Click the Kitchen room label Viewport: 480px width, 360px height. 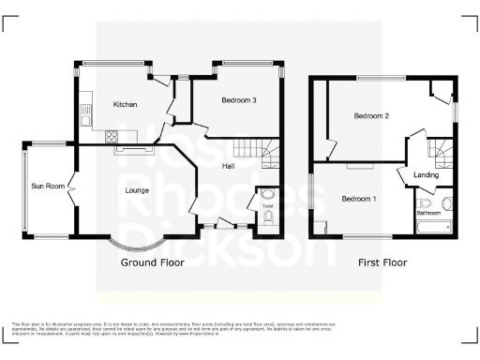(127, 104)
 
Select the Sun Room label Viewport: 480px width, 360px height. (48, 186)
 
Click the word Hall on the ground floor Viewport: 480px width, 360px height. (228, 166)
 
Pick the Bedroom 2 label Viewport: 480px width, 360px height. (371, 116)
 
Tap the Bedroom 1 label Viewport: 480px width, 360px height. (358, 199)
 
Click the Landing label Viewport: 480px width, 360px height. (427, 174)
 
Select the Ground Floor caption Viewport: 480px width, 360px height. (152, 262)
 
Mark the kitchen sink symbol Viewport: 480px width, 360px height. (85, 114)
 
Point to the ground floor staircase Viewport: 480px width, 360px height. (249, 149)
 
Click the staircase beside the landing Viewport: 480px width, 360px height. (440, 147)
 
